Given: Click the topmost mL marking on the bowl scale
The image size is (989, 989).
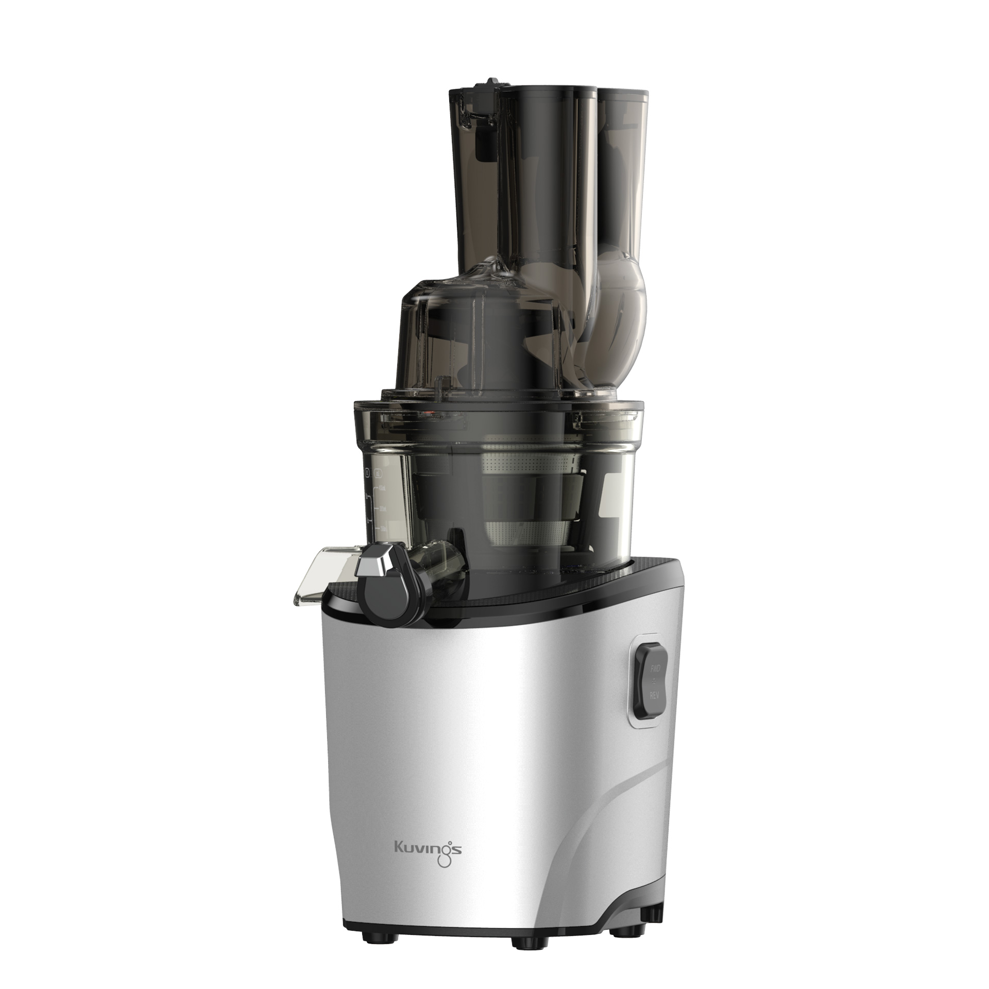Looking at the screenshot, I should coord(382,487).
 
